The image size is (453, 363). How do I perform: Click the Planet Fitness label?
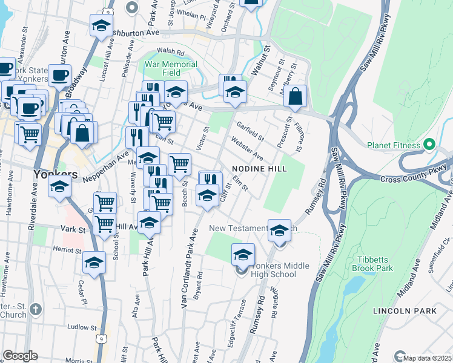point(394,145)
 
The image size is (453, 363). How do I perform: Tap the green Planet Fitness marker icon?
point(429,145)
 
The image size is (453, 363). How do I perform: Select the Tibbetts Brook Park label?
point(375,264)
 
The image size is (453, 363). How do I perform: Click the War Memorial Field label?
point(171,68)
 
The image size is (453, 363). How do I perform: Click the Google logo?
point(20,356)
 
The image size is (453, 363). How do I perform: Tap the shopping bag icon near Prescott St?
point(295,97)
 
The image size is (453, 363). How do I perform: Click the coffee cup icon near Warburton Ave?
point(60,76)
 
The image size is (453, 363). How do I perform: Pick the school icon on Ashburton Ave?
point(101,26)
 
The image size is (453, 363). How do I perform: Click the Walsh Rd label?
point(170,51)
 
